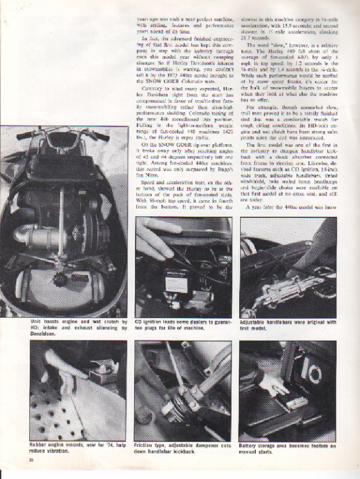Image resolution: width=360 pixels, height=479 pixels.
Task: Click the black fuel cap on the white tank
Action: [x=60, y=280]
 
